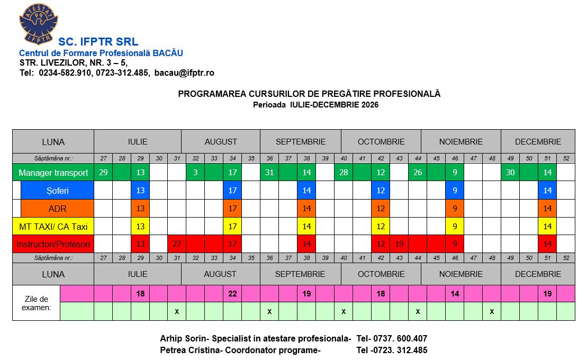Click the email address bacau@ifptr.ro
[184, 73]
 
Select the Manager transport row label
[53, 173]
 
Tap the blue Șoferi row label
[58, 191]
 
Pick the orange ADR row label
[58, 209]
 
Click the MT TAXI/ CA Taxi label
[53, 227]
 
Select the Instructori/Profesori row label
[53, 245]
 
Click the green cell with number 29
[103, 173]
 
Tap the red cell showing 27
[177, 245]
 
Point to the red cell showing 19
[399, 245]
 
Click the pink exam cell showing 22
[232, 294]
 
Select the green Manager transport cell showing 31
[269, 173]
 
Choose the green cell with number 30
[510, 173]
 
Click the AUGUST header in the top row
[221, 142]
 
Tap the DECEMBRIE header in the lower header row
[538, 274]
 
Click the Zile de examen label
[37, 303]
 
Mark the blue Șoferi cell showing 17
[232, 191]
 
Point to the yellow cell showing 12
[381, 227]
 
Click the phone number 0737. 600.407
[392, 339]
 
